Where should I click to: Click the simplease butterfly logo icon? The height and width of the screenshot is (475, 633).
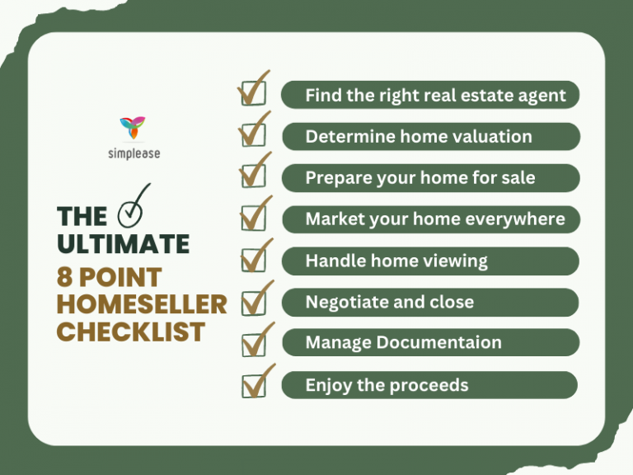tap(133, 128)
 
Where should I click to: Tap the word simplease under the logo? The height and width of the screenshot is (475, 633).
tap(133, 153)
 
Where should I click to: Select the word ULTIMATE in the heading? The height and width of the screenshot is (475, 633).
tap(123, 244)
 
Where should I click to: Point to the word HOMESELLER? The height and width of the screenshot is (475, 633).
tap(142, 304)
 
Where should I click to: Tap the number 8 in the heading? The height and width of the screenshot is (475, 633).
tap(65, 276)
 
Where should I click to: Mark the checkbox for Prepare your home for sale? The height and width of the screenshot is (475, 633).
tap(252, 176)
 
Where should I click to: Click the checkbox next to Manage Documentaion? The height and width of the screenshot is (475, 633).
tap(252, 344)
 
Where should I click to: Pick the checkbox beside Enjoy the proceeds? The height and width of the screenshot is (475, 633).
tap(252, 385)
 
